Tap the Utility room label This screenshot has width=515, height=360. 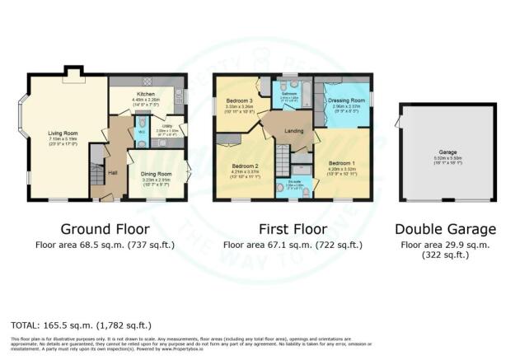pos(166,126)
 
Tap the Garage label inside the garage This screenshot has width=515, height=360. pos(447,153)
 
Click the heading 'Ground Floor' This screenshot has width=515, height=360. pos(96,229)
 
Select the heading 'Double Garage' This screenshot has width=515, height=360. pos(445,229)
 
